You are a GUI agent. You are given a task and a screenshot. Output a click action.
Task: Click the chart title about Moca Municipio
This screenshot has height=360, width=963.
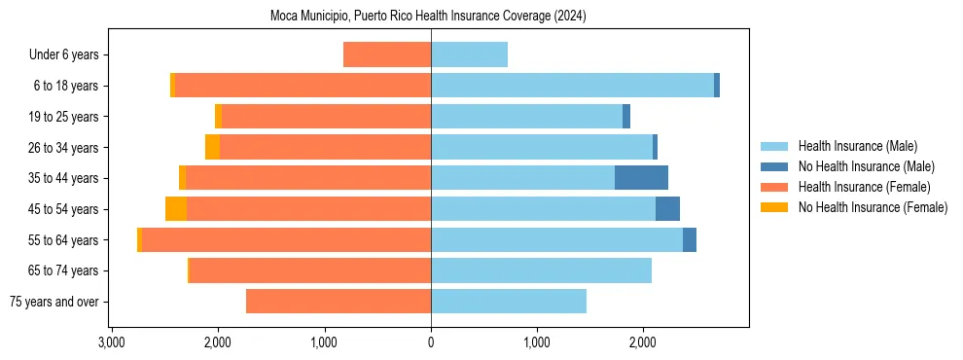(428, 17)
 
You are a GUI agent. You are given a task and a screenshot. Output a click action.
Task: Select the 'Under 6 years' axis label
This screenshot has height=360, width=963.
(63, 55)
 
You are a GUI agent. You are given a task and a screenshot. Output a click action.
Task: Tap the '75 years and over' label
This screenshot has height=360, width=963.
(54, 302)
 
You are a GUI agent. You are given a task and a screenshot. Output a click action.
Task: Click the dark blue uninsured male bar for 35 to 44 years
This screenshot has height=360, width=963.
(641, 178)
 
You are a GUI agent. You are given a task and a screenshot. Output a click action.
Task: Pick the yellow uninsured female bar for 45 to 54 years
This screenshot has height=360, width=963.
(176, 209)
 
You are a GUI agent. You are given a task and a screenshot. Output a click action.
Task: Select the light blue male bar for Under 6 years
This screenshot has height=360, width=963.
(469, 55)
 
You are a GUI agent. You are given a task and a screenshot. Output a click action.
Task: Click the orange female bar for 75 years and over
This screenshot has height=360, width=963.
(339, 302)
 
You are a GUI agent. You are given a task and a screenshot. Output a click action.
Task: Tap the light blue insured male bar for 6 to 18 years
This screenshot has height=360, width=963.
(572, 86)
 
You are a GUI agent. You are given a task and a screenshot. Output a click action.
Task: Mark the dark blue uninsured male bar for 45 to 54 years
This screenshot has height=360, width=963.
(667, 209)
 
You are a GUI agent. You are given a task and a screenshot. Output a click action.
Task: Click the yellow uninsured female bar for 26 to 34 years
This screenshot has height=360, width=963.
(212, 148)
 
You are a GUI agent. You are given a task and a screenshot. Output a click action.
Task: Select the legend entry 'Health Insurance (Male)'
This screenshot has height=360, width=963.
(857, 146)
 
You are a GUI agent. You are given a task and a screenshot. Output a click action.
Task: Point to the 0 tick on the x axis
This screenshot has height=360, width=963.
(431, 342)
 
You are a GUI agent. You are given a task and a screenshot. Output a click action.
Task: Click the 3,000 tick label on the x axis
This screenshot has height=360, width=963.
(112, 342)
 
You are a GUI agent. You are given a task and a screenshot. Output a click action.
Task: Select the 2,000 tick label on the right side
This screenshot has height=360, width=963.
(643, 342)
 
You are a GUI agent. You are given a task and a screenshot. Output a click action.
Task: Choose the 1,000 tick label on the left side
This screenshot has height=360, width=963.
(324, 342)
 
